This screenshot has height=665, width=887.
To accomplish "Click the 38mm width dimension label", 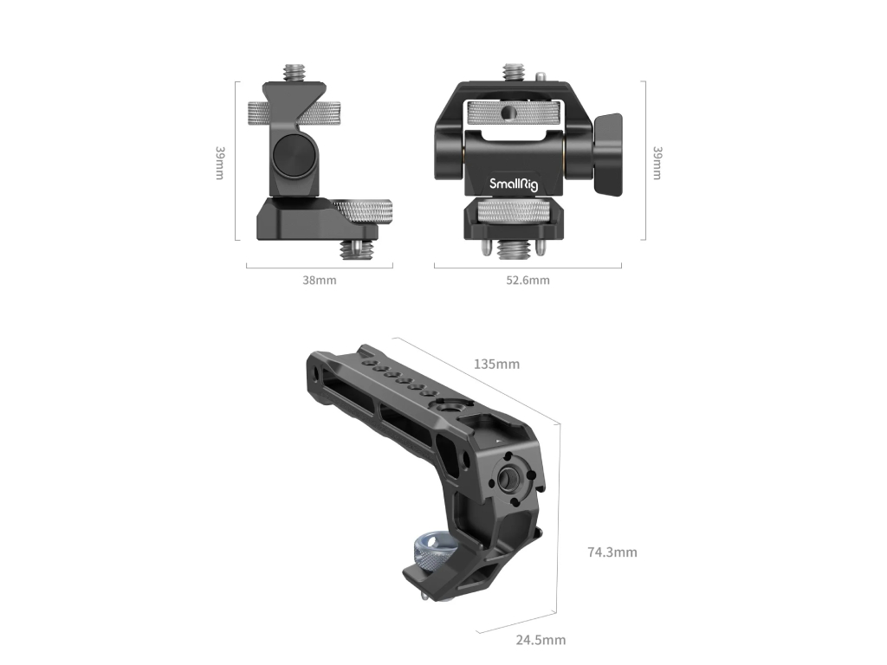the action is pos(319,280).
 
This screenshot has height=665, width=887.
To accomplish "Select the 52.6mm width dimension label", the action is pos(528,280).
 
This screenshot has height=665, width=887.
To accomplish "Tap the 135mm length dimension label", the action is pos(496,365).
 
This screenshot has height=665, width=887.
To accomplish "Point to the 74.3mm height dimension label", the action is pos(612,552).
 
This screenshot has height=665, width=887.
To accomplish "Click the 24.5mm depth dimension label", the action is pos(541,640).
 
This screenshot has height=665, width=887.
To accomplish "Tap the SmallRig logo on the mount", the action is pos(514,184).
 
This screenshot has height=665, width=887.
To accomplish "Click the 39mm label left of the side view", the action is pos(220,163).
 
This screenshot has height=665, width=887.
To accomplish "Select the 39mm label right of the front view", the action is pos(657,163).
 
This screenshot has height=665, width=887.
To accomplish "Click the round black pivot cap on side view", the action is pos(289,154).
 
